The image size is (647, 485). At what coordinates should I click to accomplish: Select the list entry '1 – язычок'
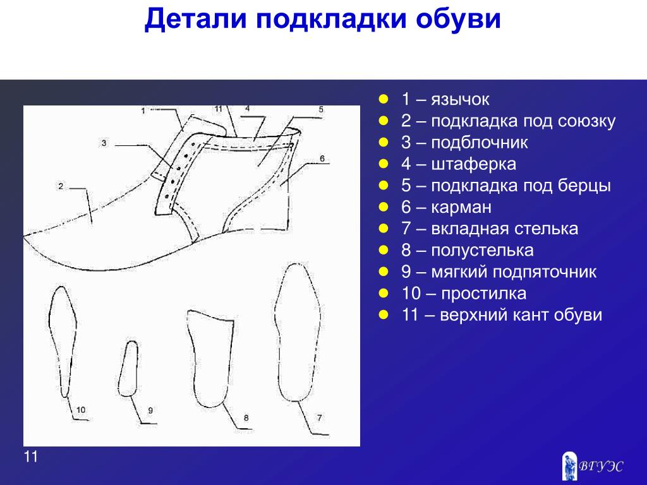coord(445,99)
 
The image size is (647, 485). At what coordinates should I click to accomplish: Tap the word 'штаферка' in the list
coord(473,164)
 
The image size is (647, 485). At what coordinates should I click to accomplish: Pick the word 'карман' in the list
coord(461,207)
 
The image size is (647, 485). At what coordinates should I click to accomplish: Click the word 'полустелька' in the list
coord(482,250)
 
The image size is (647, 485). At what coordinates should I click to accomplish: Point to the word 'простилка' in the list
coord(483,293)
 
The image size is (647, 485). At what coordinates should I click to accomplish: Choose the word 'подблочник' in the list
coord(480,142)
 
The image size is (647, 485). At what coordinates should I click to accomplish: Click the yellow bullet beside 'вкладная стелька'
coord(384,228)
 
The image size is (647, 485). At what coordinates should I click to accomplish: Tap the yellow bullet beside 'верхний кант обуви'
coord(384,314)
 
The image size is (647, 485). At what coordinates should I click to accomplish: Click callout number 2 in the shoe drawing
coord(61,186)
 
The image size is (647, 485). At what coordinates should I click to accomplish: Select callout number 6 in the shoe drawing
coord(322,159)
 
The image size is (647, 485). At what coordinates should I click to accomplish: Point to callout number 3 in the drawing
coord(104,143)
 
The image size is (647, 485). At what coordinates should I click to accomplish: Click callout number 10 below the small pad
coord(81,409)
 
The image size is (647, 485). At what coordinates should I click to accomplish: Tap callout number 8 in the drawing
coord(246,418)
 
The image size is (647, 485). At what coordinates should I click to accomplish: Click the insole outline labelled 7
coord(275,330)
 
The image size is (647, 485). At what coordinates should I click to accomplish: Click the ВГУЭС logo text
coord(601,467)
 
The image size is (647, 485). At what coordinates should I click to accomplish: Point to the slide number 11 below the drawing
coord(31,457)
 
